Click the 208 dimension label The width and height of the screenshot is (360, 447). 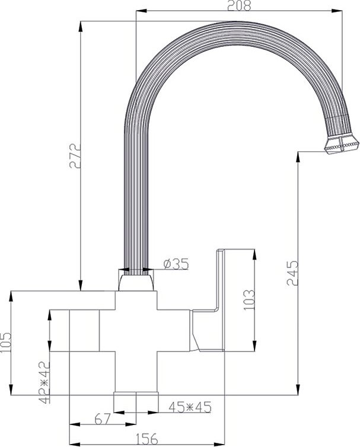(239, 5)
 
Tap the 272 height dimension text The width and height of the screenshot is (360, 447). (75, 157)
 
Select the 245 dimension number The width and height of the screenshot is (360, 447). (292, 273)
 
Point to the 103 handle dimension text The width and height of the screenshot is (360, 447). (249, 300)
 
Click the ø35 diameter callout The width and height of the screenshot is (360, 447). (176, 264)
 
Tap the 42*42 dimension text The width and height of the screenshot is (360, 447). (44, 382)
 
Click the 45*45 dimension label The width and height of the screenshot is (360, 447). (190, 407)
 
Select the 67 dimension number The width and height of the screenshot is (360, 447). (103, 419)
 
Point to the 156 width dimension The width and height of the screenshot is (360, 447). (146, 439)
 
